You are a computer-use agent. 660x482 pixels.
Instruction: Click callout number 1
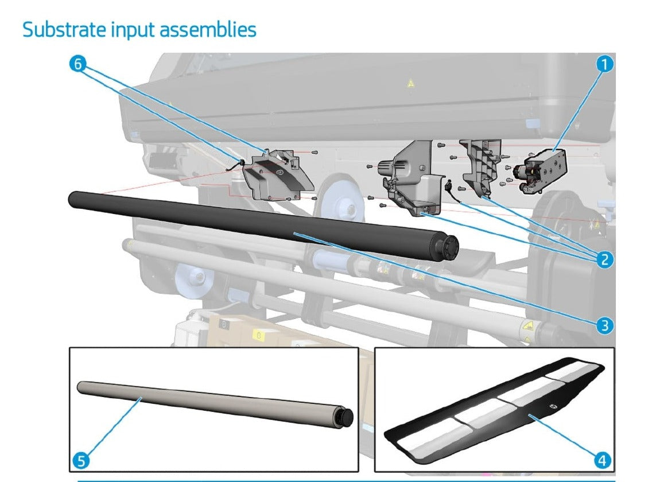[x=603, y=64]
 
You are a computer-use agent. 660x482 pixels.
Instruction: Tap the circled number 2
[x=603, y=259]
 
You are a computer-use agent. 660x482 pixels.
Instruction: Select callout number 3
[x=603, y=326]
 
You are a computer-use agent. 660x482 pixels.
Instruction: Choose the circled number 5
[x=81, y=460]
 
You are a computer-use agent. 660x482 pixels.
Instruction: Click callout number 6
[x=77, y=64]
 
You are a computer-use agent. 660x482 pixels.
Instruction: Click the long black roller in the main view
[x=258, y=224]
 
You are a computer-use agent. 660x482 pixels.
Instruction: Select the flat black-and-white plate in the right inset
[x=494, y=407]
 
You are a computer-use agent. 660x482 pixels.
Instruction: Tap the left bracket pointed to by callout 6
[x=275, y=175]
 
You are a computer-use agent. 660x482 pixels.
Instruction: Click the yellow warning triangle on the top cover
[x=410, y=84]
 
